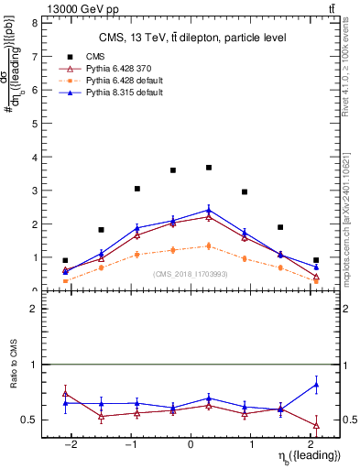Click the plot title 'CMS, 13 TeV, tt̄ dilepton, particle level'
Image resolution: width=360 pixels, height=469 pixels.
coord(192,38)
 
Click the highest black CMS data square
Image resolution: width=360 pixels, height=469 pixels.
coord(209,168)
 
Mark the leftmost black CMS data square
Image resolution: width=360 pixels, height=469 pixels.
coord(65,260)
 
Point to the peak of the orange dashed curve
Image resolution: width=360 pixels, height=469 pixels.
coord(209,245)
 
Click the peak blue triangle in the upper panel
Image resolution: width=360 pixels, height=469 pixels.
coord(209,210)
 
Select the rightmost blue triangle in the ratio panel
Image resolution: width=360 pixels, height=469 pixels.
coord(316,385)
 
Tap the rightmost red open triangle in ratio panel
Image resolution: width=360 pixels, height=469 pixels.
coord(316,425)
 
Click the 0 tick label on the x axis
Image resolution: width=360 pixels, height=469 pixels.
coord(191,443)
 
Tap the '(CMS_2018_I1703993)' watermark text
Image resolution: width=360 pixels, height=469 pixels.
coord(191,274)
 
